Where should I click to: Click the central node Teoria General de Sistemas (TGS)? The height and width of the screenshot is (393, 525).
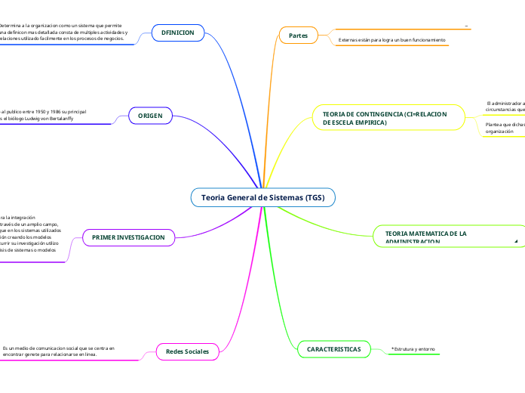(262, 197)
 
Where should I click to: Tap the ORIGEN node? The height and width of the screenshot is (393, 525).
(151, 115)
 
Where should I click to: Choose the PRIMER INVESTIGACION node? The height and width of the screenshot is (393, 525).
(128, 237)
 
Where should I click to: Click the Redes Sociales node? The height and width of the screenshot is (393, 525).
(187, 351)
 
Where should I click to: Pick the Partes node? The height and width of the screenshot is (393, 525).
(298, 35)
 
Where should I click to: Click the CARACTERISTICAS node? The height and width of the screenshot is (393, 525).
(334, 348)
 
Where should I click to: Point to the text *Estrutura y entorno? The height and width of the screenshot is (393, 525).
(413, 349)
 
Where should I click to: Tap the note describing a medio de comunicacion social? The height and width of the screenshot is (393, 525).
(59, 351)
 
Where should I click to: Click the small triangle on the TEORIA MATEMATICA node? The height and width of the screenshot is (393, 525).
(516, 241)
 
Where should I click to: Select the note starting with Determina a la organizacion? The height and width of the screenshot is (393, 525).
(64, 32)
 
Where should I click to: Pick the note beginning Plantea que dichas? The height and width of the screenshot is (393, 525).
(505, 127)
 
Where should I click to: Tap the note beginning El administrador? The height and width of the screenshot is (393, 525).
(505, 106)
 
